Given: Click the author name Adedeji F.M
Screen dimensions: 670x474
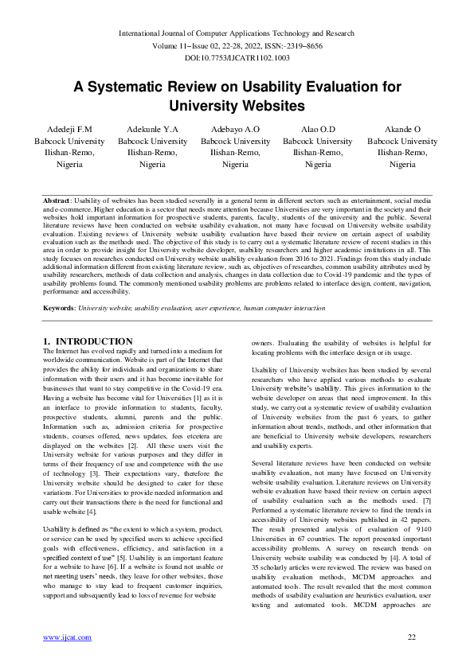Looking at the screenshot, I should click(x=70, y=130).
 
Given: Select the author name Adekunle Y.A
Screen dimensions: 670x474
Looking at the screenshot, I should click(x=152, y=130).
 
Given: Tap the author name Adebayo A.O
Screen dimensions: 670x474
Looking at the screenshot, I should click(x=235, y=130).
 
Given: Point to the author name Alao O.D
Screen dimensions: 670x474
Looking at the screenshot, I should click(x=318, y=130).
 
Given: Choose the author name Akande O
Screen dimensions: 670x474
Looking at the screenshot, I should click(x=402, y=130).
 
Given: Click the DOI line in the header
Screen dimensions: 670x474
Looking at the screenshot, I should click(x=237, y=58).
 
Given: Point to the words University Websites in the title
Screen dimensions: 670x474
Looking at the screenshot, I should click(x=237, y=105).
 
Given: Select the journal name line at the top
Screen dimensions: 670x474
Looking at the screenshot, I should click(x=237, y=33).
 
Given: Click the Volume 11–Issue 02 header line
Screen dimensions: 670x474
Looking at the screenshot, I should click(x=237, y=45).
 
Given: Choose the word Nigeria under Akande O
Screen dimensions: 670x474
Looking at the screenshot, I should click(x=402, y=164).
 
